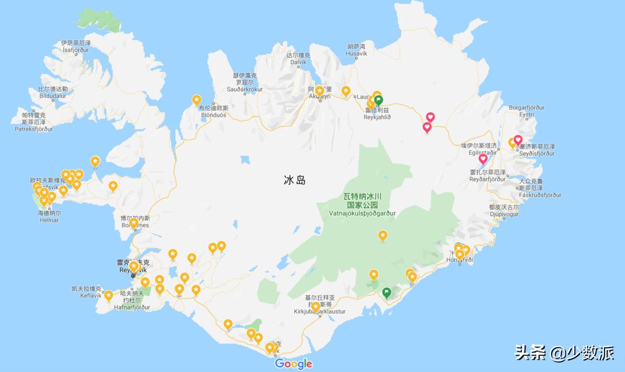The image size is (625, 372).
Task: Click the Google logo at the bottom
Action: [294, 364]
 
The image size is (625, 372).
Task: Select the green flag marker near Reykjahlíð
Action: [379, 100]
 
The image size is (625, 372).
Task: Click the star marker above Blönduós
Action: [196, 100]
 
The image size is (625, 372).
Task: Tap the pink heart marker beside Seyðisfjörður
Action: [518, 140]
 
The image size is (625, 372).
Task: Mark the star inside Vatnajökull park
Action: [383, 236]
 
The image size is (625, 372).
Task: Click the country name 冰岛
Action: [295, 180]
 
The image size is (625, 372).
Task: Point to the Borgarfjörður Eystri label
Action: [527, 111]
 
